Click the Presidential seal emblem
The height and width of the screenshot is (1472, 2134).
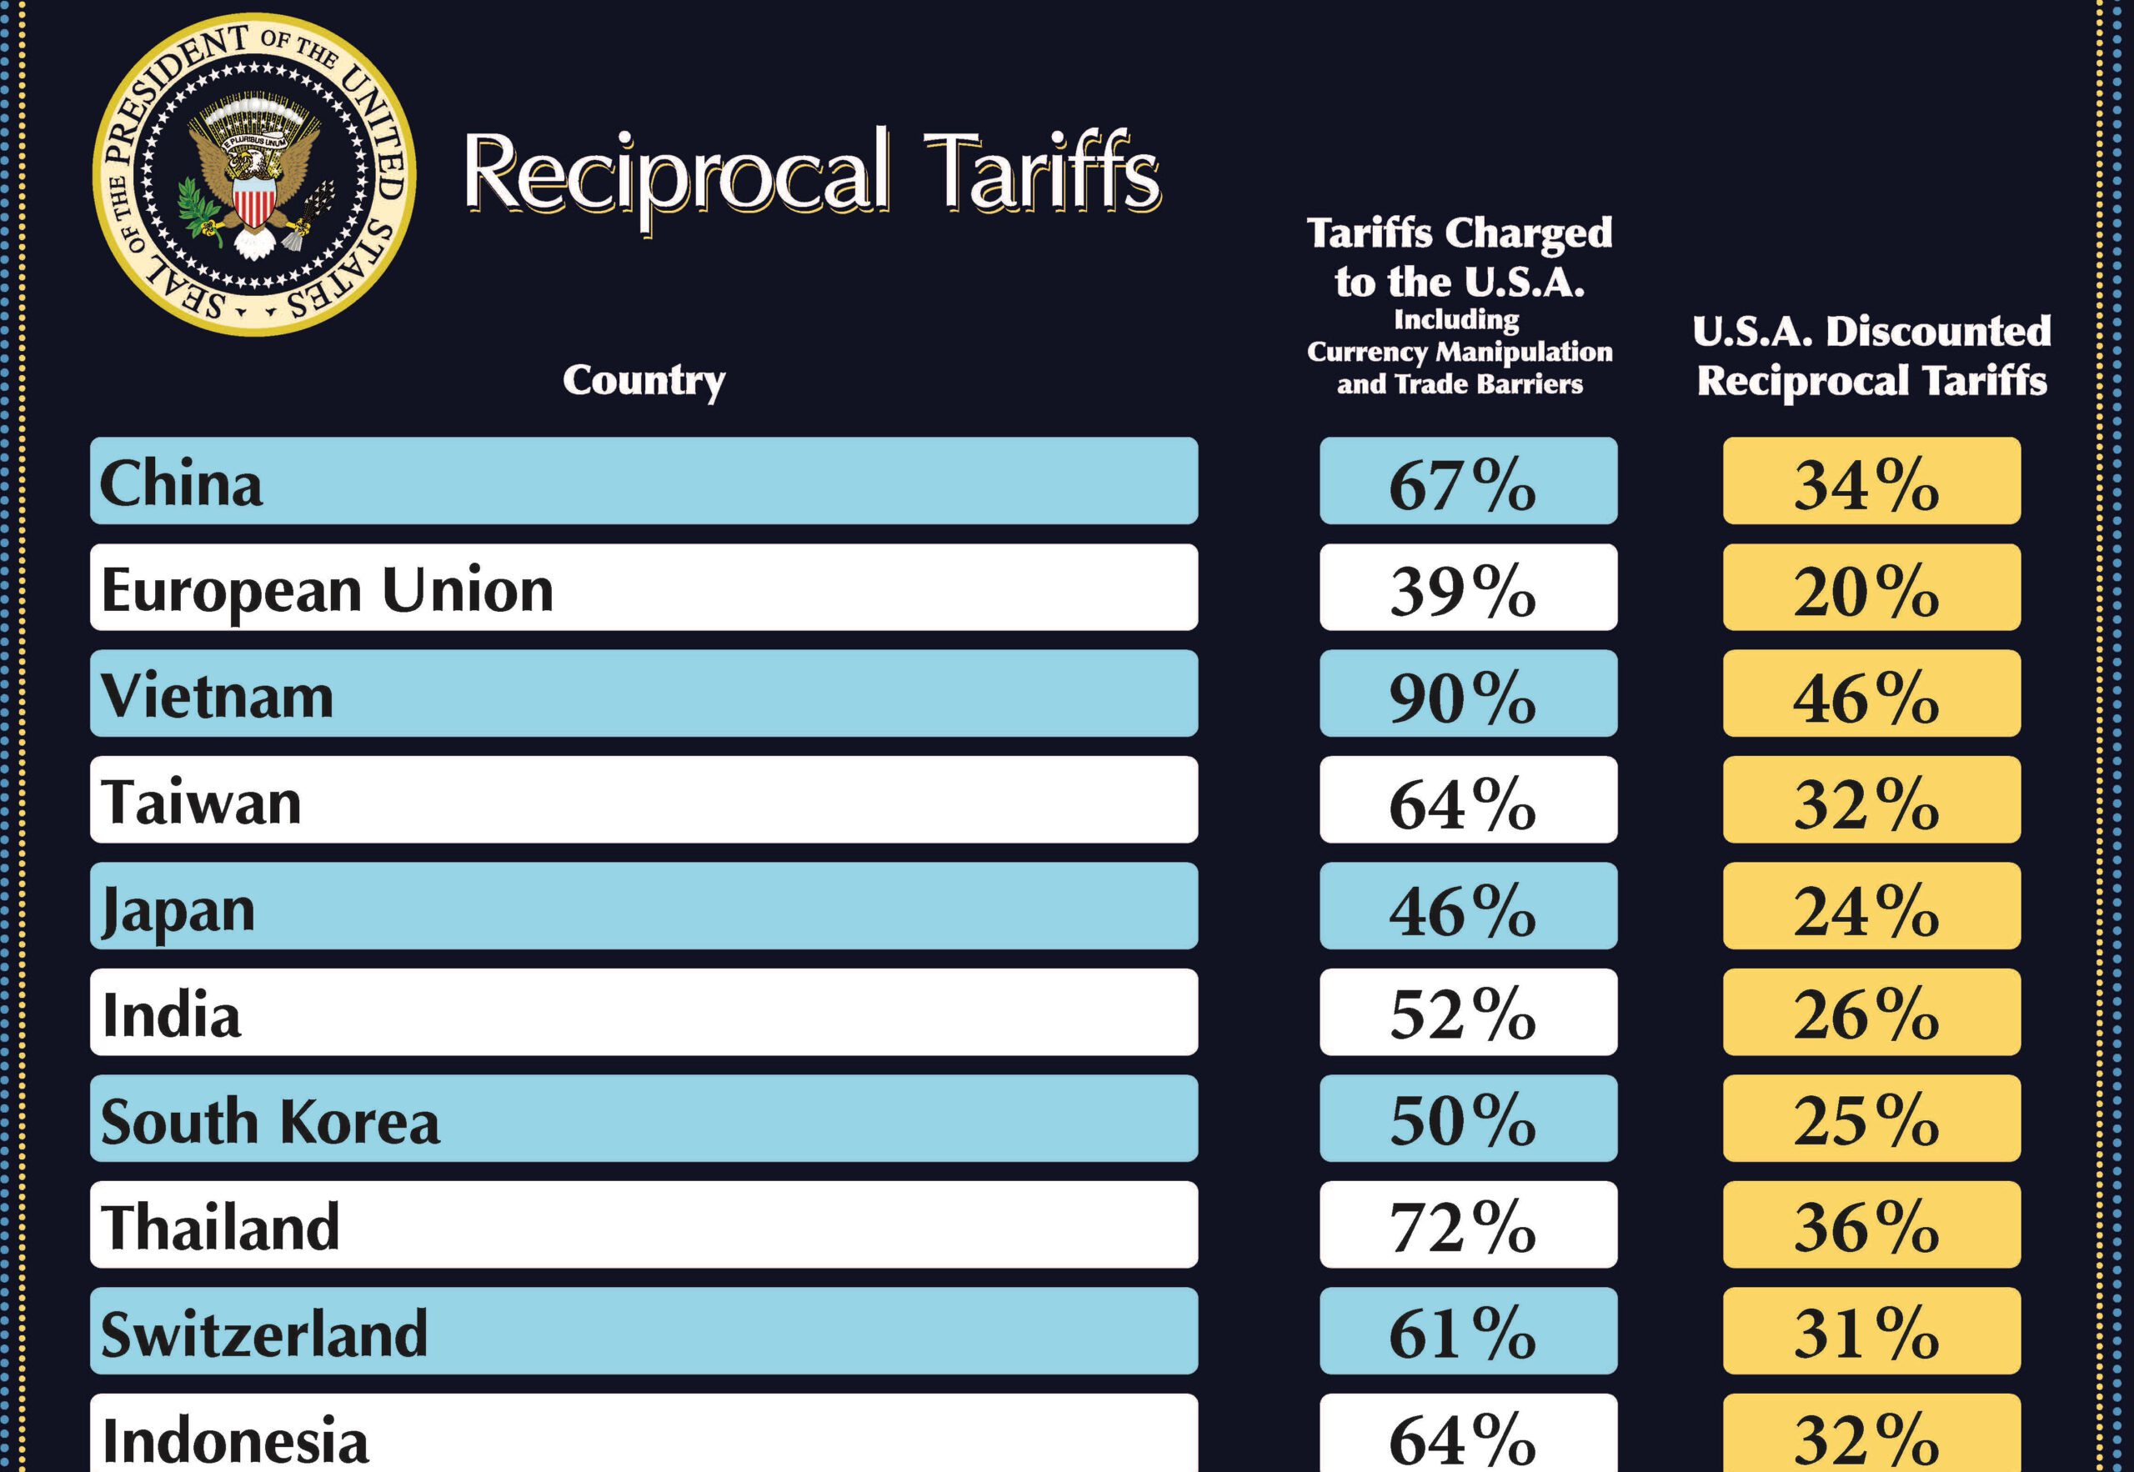pos(253,174)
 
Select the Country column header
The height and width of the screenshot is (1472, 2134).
pos(644,380)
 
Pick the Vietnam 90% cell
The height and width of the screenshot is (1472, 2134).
pos(1467,694)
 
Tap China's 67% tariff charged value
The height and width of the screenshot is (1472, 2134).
pos(1467,483)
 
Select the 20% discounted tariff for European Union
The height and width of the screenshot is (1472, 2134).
pos(1871,588)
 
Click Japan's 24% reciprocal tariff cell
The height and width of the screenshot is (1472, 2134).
pos(1871,908)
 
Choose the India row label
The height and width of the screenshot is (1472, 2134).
pos(172,1014)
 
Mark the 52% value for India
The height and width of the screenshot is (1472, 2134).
pos(1467,1014)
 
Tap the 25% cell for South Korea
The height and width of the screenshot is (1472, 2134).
pos(1871,1119)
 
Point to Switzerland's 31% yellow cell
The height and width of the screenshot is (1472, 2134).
pos(1871,1332)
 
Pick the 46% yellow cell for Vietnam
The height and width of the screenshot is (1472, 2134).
pos(1871,694)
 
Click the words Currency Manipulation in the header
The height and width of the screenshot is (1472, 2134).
pos(1459,352)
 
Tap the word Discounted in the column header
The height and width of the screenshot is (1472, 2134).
pos(1937,331)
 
